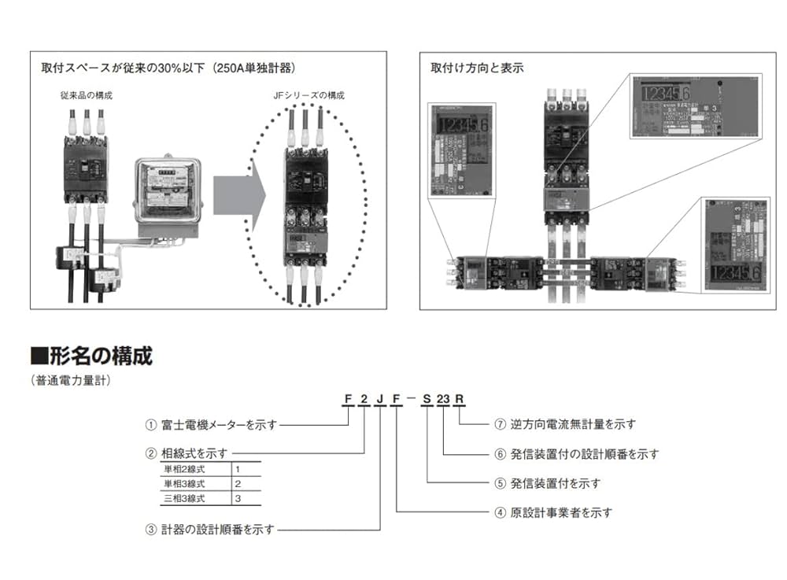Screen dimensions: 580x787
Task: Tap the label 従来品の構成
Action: click(87, 95)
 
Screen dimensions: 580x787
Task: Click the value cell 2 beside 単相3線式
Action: click(238, 483)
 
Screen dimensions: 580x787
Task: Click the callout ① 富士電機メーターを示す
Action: click(212, 425)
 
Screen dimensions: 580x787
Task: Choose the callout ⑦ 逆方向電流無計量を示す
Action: click(565, 424)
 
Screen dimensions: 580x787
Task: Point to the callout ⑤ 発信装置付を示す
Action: click(547, 482)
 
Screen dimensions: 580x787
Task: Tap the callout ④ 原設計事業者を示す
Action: click(552, 512)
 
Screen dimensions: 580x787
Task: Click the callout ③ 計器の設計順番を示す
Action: click(210, 530)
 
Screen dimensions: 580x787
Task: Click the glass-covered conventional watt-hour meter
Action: click(166, 193)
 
